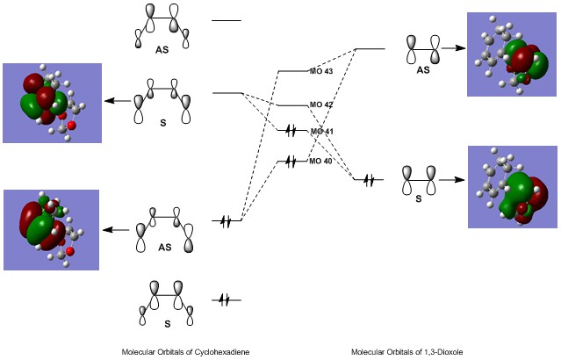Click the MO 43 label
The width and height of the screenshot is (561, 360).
pyautogui.click(x=321, y=70)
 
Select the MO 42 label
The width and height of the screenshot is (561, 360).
pyautogui.click(x=321, y=104)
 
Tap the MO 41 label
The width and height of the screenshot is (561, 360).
pyautogui.click(x=321, y=131)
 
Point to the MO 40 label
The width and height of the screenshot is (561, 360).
pyautogui.click(x=321, y=162)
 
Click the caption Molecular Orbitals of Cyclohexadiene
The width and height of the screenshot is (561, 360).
pyautogui.click(x=185, y=351)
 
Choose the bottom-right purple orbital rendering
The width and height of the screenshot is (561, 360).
pyautogui.click(x=513, y=187)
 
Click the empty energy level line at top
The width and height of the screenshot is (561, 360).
pyautogui.click(x=226, y=19)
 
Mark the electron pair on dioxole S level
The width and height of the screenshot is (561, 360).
pyautogui.click(x=369, y=180)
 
